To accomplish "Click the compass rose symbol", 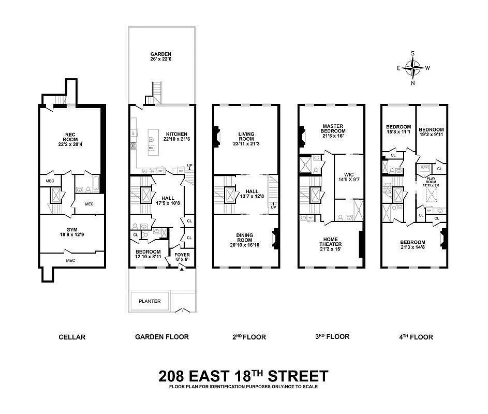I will (x=412, y=67).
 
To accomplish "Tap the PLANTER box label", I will (x=149, y=301).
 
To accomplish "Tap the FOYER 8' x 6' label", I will (x=182, y=257).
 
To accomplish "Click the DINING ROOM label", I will (x=245, y=240).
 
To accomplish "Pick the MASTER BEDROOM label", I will (x=333, y=131).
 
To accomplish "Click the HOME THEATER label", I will (x=330, y=244).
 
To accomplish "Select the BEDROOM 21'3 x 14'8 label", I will (x=412, y=245).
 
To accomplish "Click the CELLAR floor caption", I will (x=71, y=337).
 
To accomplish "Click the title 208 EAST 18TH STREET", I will (x=243, y=375).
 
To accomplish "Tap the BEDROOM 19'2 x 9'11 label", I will (x=431, y=132).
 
